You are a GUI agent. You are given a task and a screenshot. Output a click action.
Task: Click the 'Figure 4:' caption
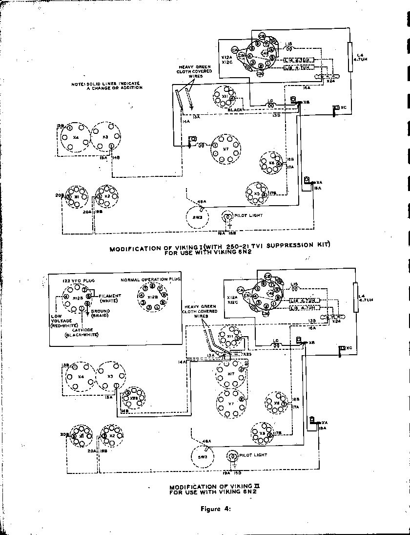pos(215,509)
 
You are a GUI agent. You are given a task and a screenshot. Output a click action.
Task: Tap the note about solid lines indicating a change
pos(107,86)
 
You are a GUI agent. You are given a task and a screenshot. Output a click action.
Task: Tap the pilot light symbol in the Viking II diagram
pos(233,456)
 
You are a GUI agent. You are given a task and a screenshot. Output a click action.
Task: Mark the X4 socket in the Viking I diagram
pos(75,137)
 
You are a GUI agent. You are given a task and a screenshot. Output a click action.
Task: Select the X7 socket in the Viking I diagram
pos(225,149)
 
